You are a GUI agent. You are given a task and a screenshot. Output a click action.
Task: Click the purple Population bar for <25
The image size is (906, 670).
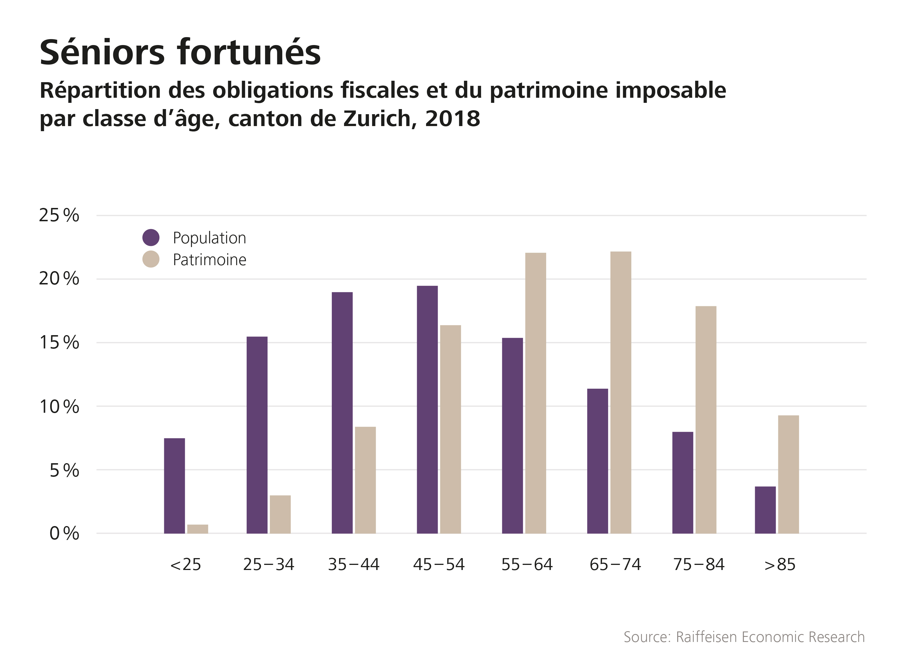[174, 486]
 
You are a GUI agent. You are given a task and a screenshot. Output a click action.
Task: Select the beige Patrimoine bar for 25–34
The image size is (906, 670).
[280, 514]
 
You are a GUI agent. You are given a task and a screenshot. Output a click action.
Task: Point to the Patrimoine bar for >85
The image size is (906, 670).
[789, 474]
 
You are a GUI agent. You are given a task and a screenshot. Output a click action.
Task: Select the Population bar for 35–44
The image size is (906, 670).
[342, 412]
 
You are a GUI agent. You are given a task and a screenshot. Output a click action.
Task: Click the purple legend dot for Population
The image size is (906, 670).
[151, 237]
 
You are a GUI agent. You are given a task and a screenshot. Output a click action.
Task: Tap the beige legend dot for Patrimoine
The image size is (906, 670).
[151, 259]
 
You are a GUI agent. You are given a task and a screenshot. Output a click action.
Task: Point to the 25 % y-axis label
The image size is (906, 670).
[59, 215]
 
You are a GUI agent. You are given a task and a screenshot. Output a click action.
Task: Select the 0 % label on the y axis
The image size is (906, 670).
[64, 534]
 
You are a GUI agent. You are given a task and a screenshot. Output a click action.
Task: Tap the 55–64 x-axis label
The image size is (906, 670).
[527, 565]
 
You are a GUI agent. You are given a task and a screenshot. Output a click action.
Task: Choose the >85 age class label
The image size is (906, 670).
[780, 565]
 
